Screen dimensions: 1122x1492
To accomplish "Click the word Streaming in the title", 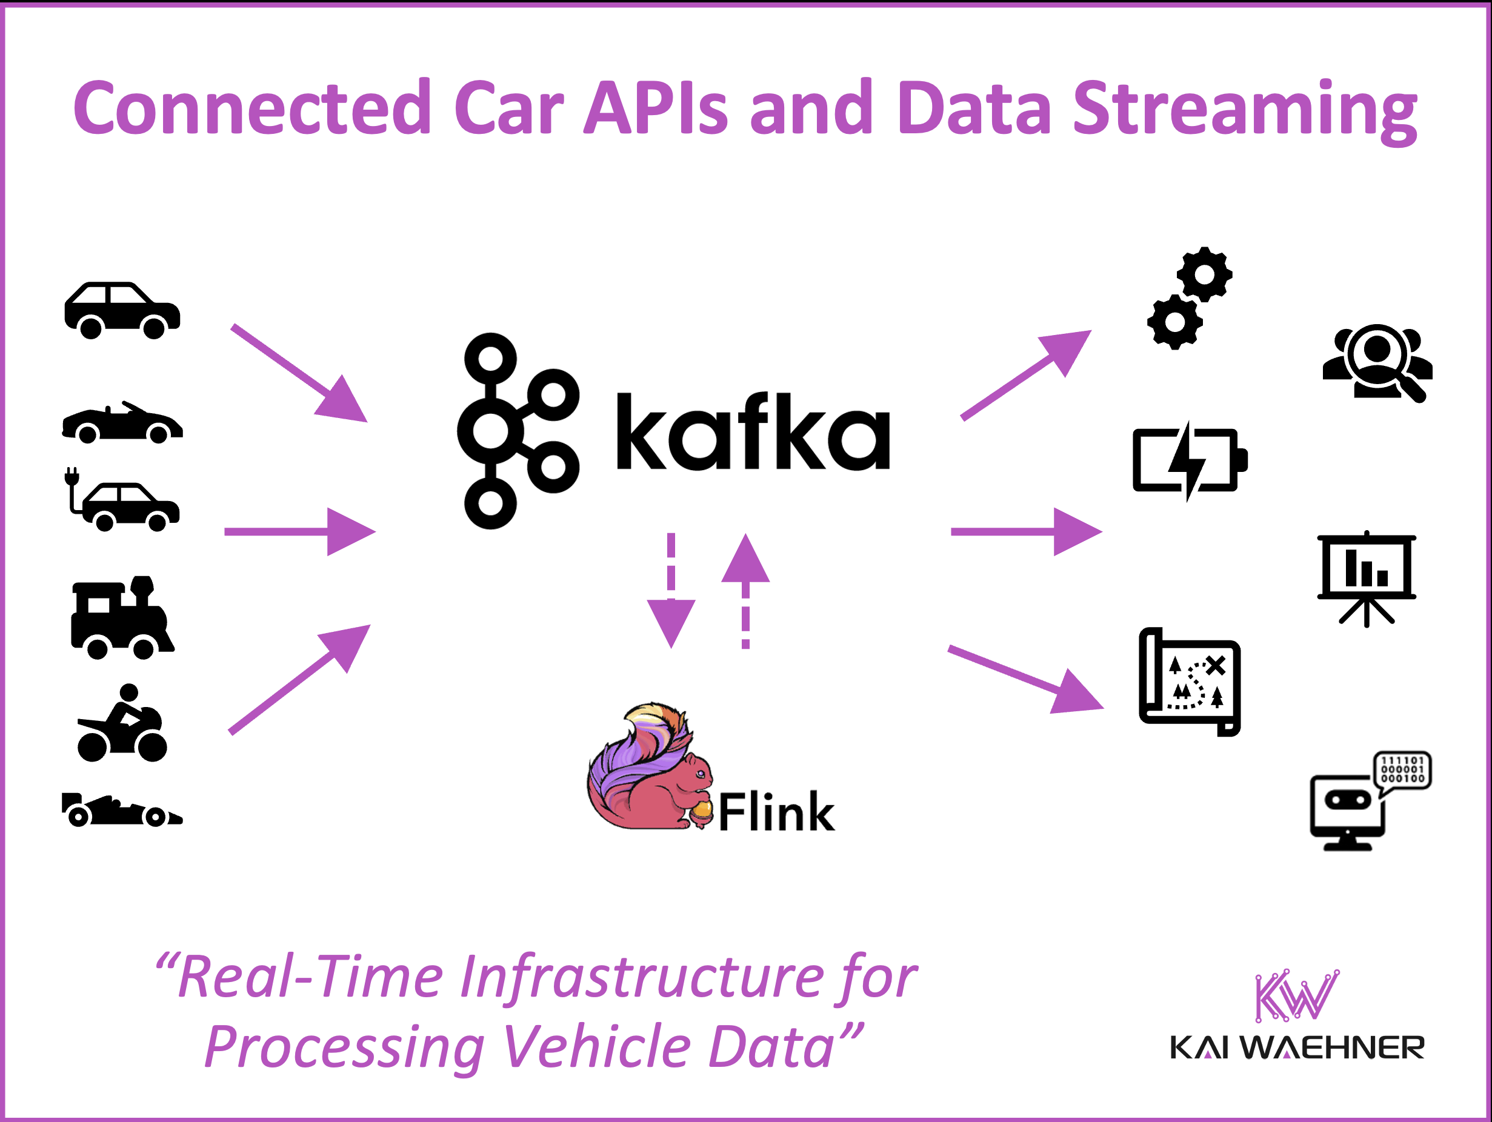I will point(1245,109).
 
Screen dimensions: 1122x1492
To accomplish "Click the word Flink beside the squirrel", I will point(776,812).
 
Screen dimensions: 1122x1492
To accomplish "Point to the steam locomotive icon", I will point(122,617).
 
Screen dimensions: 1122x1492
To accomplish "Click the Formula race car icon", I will point(121,809).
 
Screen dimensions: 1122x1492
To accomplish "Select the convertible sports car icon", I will point(122,423).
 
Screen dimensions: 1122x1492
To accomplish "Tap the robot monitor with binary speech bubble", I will point(1369,801).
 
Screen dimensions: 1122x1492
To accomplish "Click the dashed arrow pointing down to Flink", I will point(671,591).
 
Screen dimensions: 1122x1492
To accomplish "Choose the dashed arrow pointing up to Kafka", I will point(745,591).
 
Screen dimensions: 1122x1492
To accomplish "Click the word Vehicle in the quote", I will point(597,1046).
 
